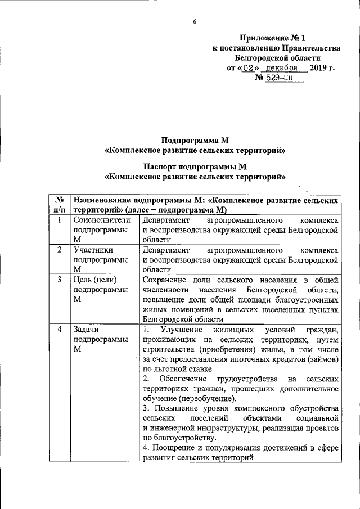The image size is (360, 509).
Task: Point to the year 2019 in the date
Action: pyautogui.click(x=322, y=68)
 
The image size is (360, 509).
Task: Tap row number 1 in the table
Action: pyautogui.click(x=59, y=220)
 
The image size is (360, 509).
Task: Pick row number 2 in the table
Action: pyautogui.click(x=59, y=250)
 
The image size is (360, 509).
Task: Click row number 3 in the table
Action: pyautogui.click(x=59, y=280)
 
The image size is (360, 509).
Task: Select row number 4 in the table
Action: pyautogui.click(x=59, y=329)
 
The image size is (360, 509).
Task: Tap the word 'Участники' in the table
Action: pyautogui.click(x=93, y=250)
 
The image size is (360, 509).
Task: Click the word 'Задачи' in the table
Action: pyautogui.click(x=88, y=329)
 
